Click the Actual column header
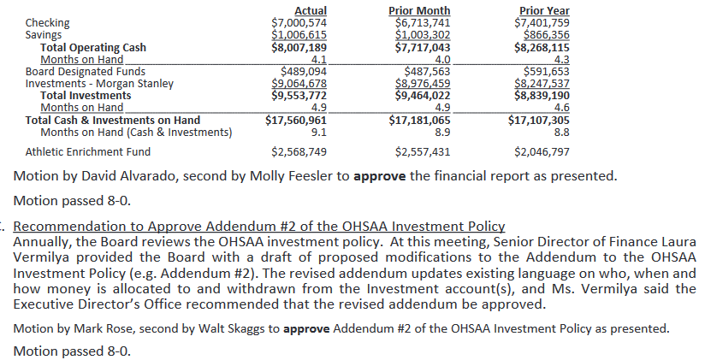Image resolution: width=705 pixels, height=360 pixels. click(x=311, y=10)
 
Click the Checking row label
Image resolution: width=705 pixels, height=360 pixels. click(x=48, y=22)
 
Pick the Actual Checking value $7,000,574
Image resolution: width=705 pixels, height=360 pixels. click(x=299, y=22)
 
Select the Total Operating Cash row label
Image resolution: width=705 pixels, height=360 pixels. click(x=93, y=48)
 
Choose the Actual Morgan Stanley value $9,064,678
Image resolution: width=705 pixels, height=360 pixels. click(x=299, y=84)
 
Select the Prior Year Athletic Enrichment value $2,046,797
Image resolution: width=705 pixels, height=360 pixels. click(x=542, y=152)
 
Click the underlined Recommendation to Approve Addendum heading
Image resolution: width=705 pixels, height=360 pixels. click(x=259, y=227)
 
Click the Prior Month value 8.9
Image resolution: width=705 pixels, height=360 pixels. click(x=442, y=133)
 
